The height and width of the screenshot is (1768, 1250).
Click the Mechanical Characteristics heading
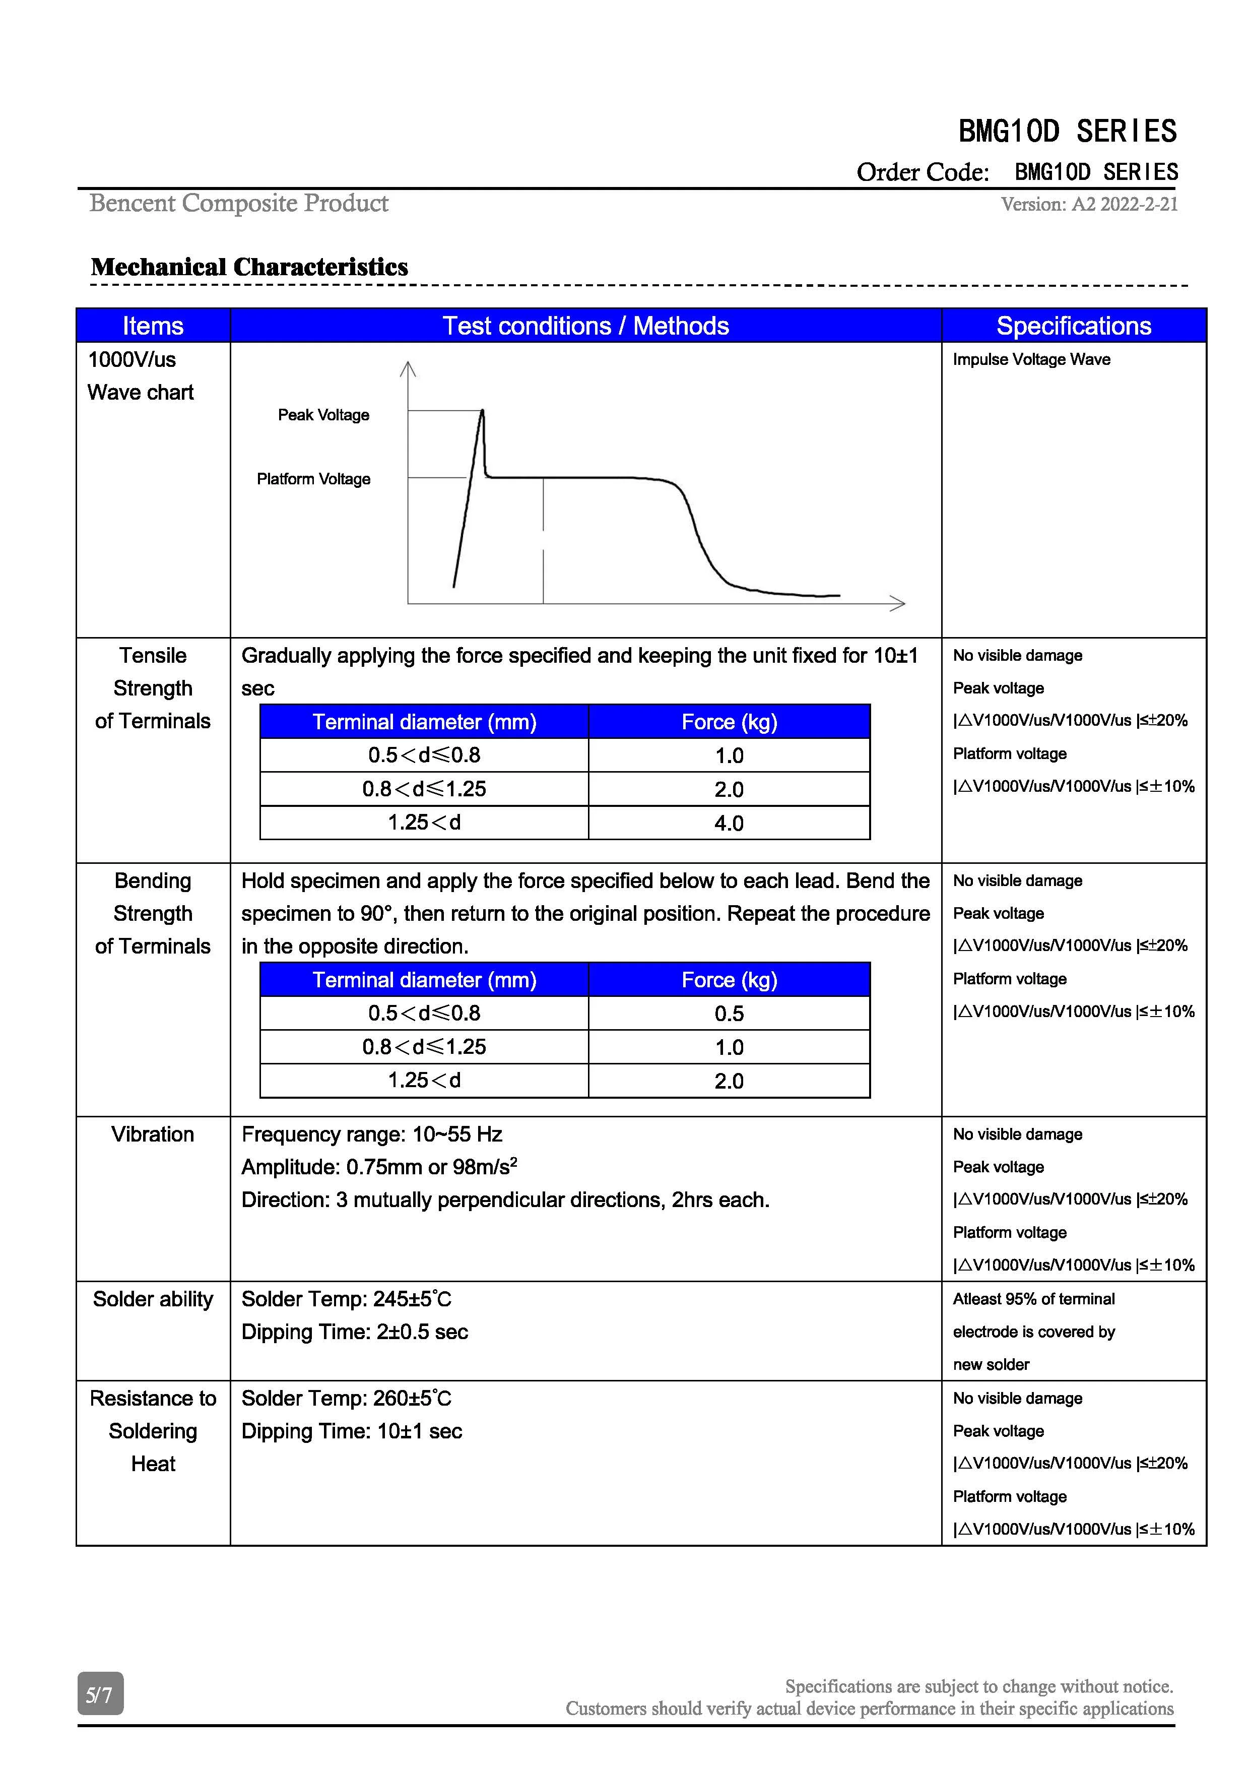tap(249, 267)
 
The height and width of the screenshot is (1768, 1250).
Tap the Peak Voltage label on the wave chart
tap(323, 415)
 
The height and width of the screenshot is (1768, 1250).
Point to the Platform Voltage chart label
tap(313, 479)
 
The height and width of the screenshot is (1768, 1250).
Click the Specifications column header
tap(1073, 326)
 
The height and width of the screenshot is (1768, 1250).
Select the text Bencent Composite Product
tap(239, 203)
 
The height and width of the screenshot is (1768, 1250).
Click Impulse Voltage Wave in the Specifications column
tap(1031, 360)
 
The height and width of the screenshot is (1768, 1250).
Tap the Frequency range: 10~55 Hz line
tap(372, 1134)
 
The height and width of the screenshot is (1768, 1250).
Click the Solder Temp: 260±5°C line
tap(346, 1399)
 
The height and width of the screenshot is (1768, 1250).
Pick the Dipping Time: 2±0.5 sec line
tap(354, 1332)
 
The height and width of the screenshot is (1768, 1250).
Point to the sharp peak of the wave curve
tap(483, 411)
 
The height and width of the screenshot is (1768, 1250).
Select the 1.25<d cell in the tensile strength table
tap(424, 823)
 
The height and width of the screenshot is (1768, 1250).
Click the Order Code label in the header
tap(923, 172)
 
